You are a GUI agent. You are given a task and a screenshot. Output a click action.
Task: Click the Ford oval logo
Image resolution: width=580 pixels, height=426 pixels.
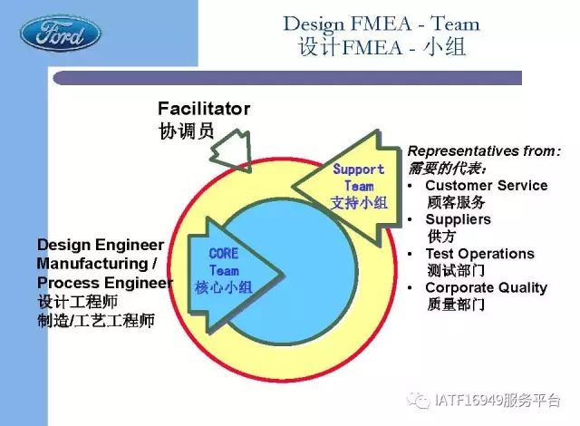[x=60, y=34]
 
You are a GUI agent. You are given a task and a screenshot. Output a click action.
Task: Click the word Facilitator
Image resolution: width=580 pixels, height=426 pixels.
[x=204, y=109]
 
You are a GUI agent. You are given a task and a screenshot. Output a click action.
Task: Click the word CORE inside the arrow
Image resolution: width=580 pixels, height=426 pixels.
[x=224, y=254]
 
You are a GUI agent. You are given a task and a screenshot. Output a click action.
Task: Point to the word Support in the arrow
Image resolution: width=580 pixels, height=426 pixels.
[x=359, y=169]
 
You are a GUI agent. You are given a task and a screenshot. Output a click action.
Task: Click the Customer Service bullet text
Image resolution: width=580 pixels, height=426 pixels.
[x=487, y=185]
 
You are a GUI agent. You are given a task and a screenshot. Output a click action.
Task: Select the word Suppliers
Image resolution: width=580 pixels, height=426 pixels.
[x=458, y=219]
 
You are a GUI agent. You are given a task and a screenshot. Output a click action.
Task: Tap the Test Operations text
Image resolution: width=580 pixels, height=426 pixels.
[x=479, y=254]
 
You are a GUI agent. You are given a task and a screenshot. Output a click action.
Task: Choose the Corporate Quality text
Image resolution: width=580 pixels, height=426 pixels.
[x=486, y=287]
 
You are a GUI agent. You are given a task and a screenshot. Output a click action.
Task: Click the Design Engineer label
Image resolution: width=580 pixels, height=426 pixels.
[x=101, y=245]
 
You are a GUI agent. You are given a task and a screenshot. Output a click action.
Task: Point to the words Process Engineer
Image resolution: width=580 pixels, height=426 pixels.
[x=105, y=283]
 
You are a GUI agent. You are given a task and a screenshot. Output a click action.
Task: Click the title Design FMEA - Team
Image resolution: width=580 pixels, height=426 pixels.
[x=382, y=24]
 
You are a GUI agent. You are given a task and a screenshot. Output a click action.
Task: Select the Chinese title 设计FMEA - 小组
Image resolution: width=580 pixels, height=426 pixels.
[x=382, y=48]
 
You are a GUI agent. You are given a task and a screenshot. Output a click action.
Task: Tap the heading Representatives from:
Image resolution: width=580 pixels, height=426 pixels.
[x=484, y=150]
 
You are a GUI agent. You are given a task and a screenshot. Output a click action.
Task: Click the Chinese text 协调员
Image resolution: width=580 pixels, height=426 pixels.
[x=186, y=131]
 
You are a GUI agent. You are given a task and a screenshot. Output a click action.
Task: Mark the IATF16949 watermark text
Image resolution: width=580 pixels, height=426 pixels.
[x=498, y=400]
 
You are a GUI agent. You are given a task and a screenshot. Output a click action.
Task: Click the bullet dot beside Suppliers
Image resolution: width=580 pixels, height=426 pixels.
[x=410, y=219]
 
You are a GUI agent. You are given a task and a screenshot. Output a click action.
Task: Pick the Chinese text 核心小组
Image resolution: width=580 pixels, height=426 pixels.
[x=224, y=287]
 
